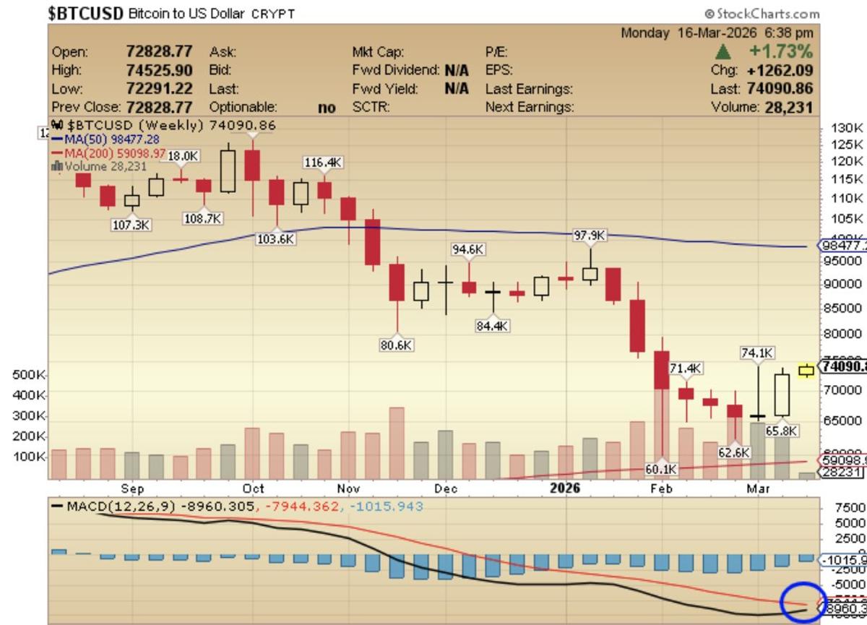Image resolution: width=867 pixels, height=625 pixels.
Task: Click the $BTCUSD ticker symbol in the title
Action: click(86, 13)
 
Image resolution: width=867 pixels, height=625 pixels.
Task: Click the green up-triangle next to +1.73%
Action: click(722, 52)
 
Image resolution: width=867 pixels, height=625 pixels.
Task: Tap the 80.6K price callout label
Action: click(397, 345)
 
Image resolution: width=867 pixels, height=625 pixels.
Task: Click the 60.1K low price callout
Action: click(661, 469)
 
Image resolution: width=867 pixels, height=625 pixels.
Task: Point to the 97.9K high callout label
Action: click(590, 236)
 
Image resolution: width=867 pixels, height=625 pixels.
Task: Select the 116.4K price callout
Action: click(322, 163)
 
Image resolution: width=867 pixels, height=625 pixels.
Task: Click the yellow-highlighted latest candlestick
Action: click(806, 371)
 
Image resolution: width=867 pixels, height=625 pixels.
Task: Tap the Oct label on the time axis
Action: click(253, 488)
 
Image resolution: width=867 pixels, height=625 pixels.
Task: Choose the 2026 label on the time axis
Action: click(565, 488)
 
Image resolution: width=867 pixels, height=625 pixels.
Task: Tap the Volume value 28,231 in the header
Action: click(787, 107)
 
